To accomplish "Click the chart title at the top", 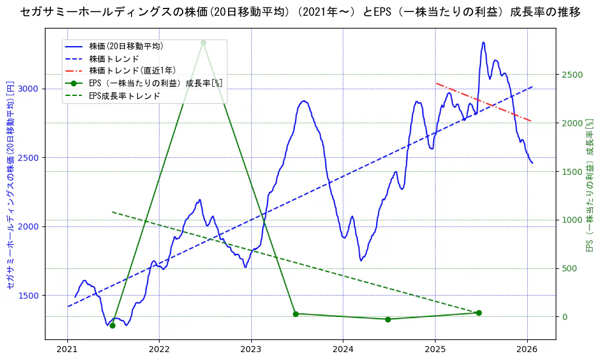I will (300, 12).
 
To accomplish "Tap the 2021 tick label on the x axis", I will (67, 349).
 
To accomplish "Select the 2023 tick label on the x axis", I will (251, 349).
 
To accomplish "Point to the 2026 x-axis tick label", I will (527, 349).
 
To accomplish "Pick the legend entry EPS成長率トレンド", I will (124, 96).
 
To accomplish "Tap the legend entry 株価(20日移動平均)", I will (126, 46).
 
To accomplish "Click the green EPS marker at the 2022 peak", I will (203, 42).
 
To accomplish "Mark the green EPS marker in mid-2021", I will (112, 325).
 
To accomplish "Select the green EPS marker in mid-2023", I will (295, 314).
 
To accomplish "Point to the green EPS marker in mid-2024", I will (388, 319).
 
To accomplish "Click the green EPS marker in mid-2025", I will (479, 313).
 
